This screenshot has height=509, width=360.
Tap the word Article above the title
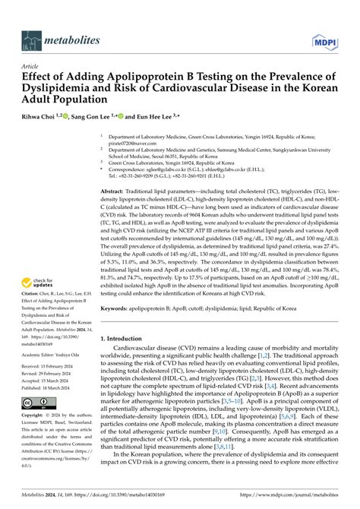pyautogui.click(x=31, y=66)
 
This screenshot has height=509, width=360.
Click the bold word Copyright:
pyautogui.click(x=33, y=416)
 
